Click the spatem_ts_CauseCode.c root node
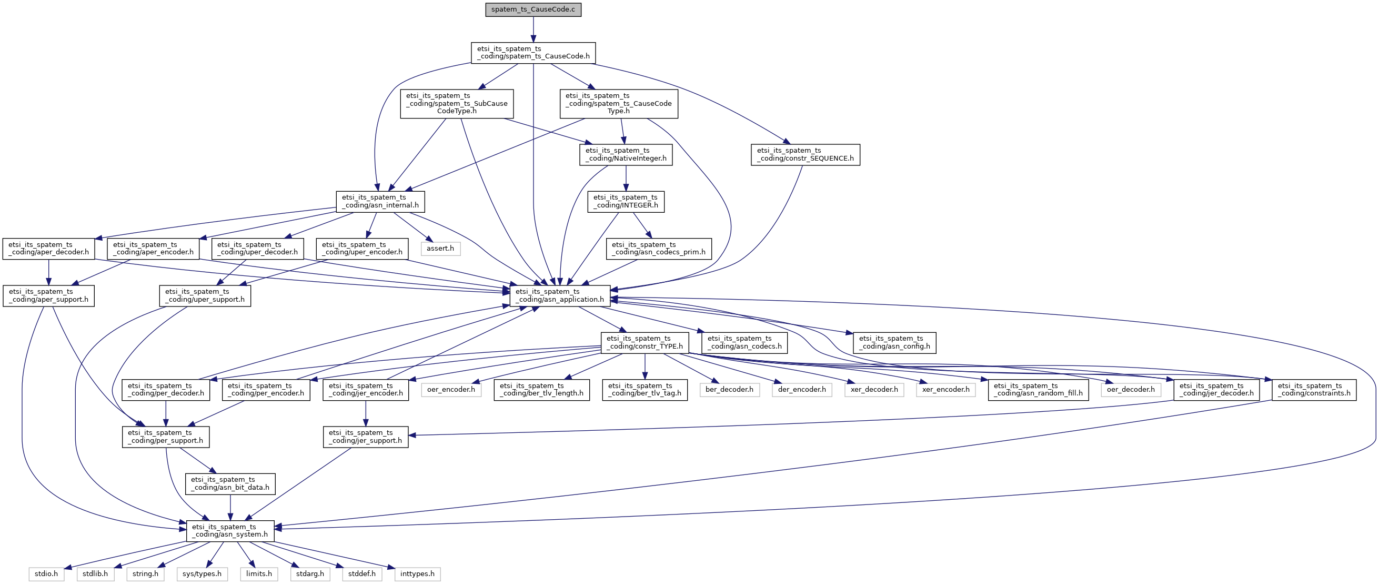click(x=533, y=9)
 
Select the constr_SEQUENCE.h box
click(x=805, y=154)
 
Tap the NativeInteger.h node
click(x=626, y=154)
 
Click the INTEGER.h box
click(x=626, y=202)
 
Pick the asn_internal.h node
click(x=380, y=202)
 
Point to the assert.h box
click(x=440, y=249)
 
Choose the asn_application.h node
click(x=559, y=296)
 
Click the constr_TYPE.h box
click(x=645, y=342)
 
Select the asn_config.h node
click(x=894, y=342)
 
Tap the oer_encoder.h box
click(x=451, y=390)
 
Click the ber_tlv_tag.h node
click(x=645, y=390)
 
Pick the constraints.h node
click(x=1314, y=390)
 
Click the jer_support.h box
click(x=366, y=437)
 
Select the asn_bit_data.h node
click(x=230, y=484)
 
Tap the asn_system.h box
click(x=230, y=531)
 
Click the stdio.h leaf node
click(x=47, y=574)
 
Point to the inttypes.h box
click(x=418, y=574)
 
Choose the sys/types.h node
click(x=202, y=574)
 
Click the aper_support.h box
click(x=49, y=296)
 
